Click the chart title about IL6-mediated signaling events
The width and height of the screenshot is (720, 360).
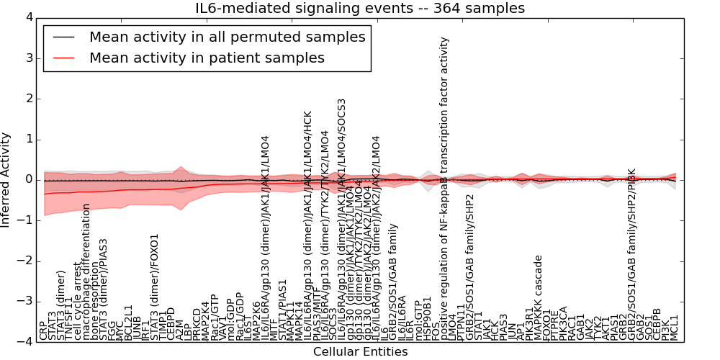point(360,9)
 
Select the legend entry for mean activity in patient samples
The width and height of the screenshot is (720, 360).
point(207,58)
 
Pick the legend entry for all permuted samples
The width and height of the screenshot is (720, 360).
point(227,37)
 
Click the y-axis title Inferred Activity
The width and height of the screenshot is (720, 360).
point(6,179)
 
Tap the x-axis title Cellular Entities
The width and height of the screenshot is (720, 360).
point(360,352)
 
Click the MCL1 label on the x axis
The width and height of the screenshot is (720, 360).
point(675,328)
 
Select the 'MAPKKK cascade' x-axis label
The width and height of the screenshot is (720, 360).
point(538,299)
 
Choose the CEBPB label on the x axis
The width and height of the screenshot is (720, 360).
point(657,325)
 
